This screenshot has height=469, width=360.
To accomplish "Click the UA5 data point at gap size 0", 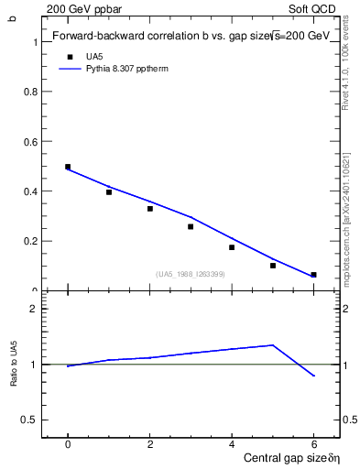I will [x=68, y=167].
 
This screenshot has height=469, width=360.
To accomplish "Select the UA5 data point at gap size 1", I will [x=109, y=192].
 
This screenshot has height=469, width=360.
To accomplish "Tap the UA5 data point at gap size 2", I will [x=150, y=209].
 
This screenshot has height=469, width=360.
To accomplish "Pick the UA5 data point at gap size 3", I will [x=191, y=226].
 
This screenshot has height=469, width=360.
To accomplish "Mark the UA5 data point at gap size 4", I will [x=232, y=247].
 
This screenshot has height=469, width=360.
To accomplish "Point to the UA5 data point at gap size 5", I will [x=273, y=266].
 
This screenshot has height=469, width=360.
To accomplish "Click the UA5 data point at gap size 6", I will [x=313, y=275].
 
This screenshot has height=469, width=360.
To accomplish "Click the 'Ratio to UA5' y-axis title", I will [x=13, y=365].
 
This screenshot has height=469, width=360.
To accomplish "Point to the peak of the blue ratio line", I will [x=273, y=345].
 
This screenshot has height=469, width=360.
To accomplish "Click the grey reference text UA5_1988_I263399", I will [x=191, y=274].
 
